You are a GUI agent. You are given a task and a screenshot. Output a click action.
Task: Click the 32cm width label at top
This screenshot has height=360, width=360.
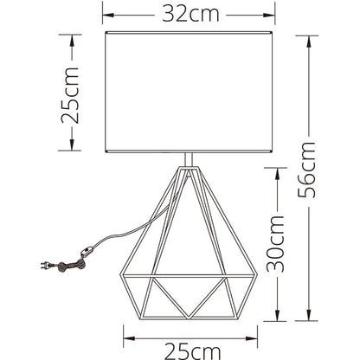(x=190, y=14)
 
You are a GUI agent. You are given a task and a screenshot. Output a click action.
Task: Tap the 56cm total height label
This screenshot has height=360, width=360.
(x=306, y=170)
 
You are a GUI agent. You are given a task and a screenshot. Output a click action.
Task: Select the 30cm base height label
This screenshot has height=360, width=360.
(x=275, y=244)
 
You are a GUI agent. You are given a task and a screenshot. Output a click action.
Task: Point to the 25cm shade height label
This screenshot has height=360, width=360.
(x=70, y=95)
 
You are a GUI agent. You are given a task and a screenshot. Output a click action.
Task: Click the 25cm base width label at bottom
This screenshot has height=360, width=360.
(x=192, y=351)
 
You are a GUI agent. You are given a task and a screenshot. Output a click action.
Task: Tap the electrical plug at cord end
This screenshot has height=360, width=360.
(x=46, y=266)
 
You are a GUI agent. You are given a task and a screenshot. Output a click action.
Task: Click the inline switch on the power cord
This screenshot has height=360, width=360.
(x=87, y=252)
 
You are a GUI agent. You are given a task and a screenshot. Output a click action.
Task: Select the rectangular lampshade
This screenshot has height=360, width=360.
(x=189, y=92)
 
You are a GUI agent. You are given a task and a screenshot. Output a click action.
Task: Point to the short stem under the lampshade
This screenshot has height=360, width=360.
(x=189, y=159)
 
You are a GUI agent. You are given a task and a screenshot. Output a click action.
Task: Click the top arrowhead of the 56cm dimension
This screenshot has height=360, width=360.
(x=309, y=41)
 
